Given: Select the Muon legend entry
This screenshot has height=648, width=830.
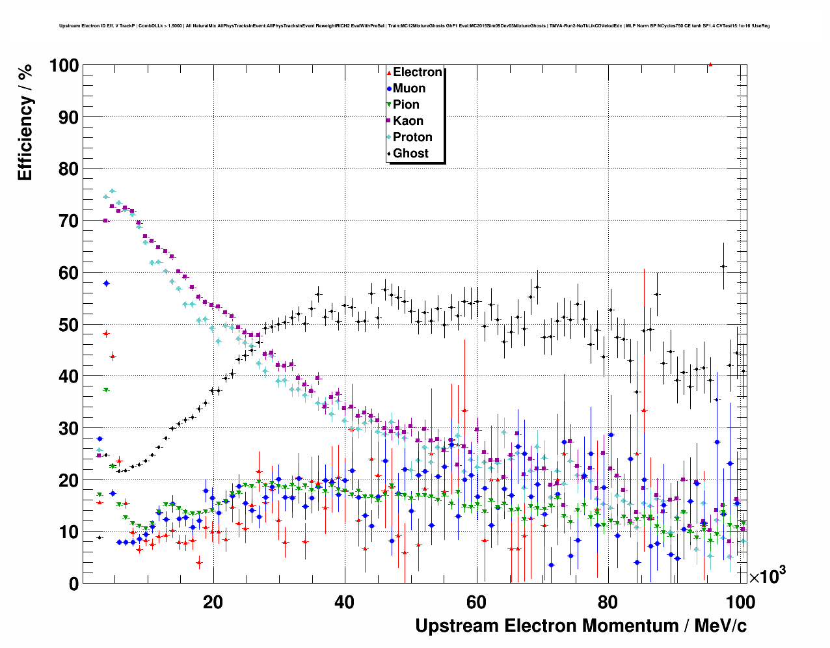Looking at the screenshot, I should pyautogui.click(x=408, y=88).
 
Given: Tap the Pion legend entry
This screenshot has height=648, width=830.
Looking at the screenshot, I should pyautogui.click(x=406, y=105).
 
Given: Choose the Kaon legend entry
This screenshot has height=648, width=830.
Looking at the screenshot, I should pyautogui.click(x=408, y=121).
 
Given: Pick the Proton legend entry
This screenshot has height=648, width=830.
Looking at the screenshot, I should pyautogui.click(x=412, y=137).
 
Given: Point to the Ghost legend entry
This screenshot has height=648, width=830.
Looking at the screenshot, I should pyautogui.click(x=410, y=154).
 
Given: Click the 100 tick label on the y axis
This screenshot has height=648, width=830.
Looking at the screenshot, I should pyautogui.click(x=64, y=66).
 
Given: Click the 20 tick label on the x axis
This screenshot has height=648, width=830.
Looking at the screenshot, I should pyautogui.click(x=213, y=602).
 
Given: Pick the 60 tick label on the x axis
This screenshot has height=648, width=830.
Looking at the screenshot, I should pyautogui.click(x=476, y=602).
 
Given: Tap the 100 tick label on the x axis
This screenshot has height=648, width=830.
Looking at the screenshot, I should pyautogui.click(x=739, y=602).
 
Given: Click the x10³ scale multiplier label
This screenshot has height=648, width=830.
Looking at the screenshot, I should pyautogui.click(x=768, y=575).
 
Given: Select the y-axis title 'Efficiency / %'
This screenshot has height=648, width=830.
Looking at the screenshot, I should pyautogui.click(x=25, y=122).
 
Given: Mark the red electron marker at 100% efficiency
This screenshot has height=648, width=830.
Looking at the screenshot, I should pyautogui.click(x=710, y=64).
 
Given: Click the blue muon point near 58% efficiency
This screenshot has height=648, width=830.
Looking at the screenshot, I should pyautogui.click(x=106, y=283).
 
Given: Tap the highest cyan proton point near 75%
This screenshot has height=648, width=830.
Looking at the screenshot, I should pyautogui.click(x=112, y=191).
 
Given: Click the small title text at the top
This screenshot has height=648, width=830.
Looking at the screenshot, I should pyautogui.click(x=414, y=26).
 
